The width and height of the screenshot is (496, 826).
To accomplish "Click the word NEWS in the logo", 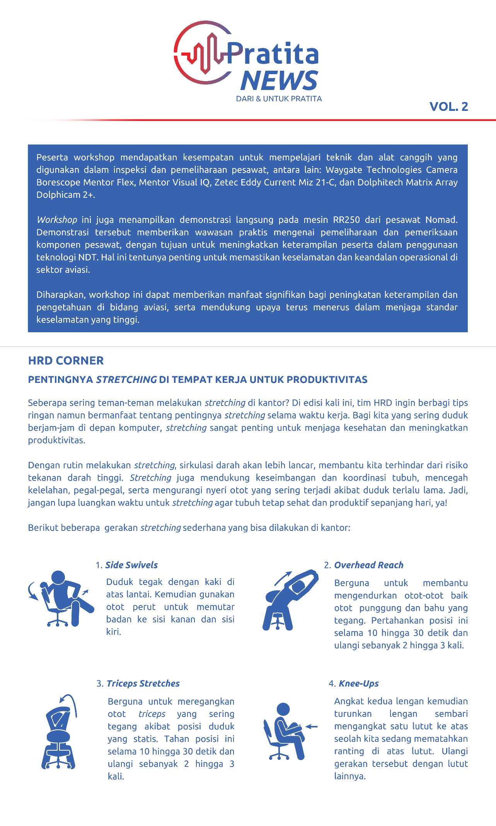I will click(x=279, y=81).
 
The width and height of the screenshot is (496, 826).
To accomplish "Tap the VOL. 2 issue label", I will click(x=448, y=107).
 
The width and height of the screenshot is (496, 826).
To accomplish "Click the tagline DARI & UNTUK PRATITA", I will click(x=279, y=99).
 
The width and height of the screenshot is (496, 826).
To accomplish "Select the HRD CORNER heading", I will click(x=66, y=361).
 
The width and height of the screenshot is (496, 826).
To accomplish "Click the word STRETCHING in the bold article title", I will click(x=126, y=380).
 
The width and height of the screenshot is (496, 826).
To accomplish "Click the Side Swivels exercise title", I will click(x=131, y=565).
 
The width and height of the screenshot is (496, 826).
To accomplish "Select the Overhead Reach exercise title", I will click(x=368, y=565).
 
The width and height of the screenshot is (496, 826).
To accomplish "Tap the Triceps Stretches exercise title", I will click(x=143, y=683).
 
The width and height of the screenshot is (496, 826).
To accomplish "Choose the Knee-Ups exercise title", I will click(x=358, y=683).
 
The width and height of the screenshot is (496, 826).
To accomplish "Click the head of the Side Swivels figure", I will click(x=58, y=577).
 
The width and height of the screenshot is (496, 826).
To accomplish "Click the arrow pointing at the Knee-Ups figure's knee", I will click(x=312, y=727).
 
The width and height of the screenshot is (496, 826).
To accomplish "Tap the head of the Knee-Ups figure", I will click(x=283, y=709).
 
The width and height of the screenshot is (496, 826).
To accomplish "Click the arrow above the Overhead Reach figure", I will click(x=283, y=578).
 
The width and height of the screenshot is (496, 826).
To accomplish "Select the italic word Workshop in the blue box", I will click(x=57, y=220).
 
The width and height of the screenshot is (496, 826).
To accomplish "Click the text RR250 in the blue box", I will click(x=346, y=220).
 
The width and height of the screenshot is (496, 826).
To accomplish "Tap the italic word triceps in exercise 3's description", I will click(x=152, y=714).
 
